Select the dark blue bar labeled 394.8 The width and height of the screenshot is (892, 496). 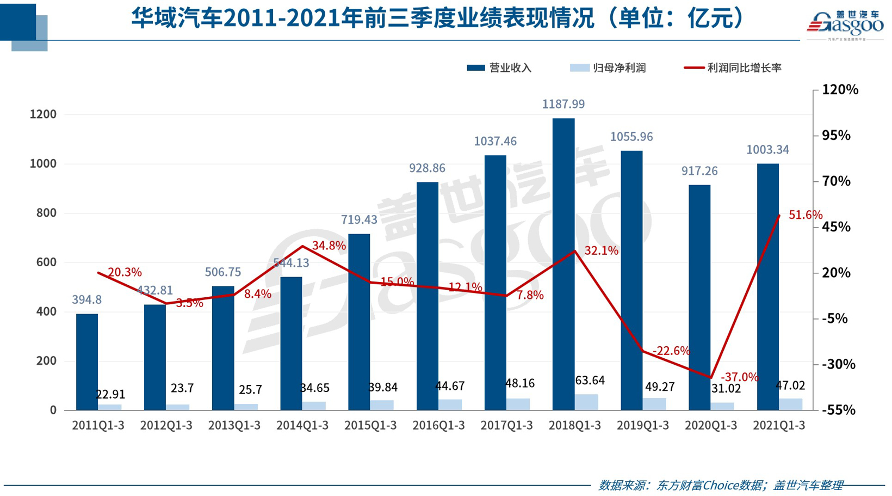point(87,362)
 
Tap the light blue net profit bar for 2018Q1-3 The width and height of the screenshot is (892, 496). point(586,402)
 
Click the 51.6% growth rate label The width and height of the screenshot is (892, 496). point(805,215)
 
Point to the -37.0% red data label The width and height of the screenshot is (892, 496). point(739,377)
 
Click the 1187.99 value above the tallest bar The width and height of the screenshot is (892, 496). point(563,104)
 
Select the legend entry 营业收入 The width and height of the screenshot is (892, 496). point(499,68)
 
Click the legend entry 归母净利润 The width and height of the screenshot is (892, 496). point(608,68)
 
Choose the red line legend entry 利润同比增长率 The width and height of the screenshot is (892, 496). point(733,68)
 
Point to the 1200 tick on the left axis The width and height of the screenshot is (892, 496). point(43,114)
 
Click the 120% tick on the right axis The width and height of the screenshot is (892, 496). point(839,90)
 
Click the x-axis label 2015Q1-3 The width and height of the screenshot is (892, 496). point(370,426)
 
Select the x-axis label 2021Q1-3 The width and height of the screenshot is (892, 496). point(778,426)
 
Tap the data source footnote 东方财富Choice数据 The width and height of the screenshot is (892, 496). point(721,485)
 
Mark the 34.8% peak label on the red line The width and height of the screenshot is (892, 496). point(329,246)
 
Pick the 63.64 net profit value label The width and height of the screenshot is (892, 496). point(590,380)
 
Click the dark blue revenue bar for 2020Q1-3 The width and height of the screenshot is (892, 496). point(699,297)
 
